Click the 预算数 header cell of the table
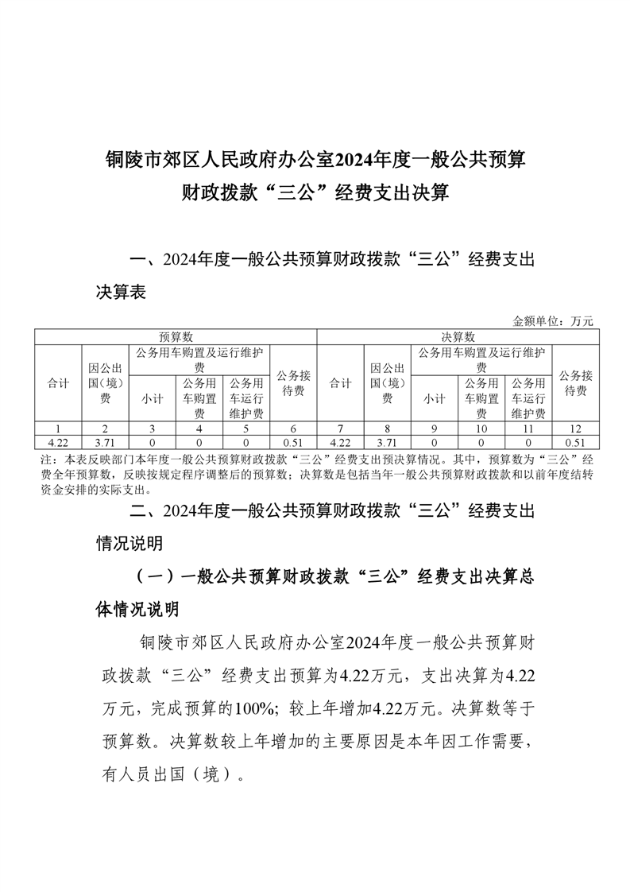click(176, 337)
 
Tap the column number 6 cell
click(294, 429)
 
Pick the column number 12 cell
click(575, 429)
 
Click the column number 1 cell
click(58, 429)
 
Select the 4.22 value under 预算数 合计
click(58, 442)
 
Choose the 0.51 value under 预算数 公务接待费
click(294, 442)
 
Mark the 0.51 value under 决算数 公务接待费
click(575, 442)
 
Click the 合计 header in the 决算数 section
click(340, 383)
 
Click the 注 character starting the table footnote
click(44, 460)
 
